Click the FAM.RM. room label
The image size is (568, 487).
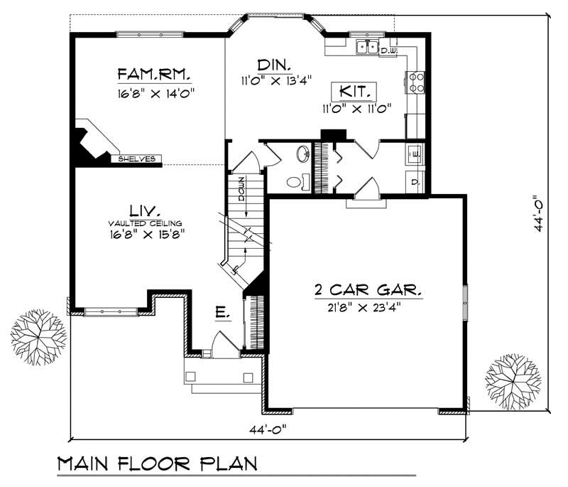coord(155,75)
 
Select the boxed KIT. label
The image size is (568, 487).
coord(354,92)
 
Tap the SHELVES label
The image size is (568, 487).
coord(137,159)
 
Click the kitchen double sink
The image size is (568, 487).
coord(367,48)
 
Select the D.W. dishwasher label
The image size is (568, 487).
coord(388,51)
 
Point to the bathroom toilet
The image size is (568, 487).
coord(295,182)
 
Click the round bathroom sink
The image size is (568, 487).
coord(301,154)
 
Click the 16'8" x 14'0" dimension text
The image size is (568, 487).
coord(156,92)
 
